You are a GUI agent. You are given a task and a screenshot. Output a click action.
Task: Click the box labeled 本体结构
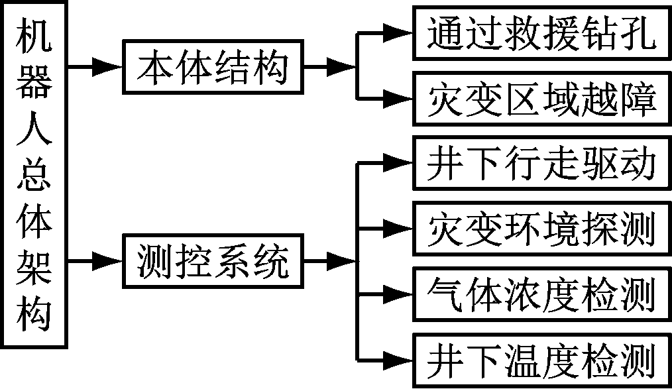tap(213, 67)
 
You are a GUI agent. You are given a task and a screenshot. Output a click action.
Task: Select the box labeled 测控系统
tap(213, 263)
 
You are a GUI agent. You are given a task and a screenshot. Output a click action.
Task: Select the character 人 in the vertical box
tap(34, 133)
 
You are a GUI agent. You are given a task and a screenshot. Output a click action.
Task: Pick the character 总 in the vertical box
tap(34, 179)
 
